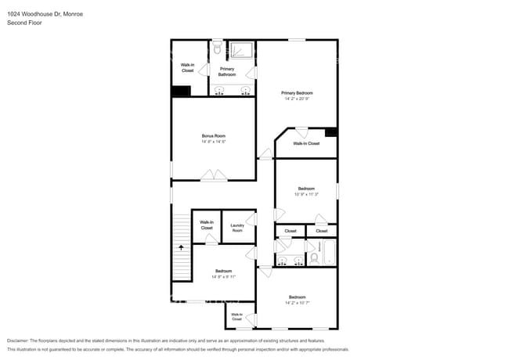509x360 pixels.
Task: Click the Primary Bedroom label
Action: coord(297,92)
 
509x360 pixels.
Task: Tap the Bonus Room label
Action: coord(213,136)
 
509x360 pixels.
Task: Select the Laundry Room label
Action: coord(236,228)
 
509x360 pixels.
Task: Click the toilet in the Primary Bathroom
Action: coord(217,49)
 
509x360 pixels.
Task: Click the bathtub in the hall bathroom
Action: coord(330,254)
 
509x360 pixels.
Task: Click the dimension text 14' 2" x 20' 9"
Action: coord(297,99)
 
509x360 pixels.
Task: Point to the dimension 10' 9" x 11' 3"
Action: coord(306,194)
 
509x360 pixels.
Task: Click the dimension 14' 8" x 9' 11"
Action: coord(223,277)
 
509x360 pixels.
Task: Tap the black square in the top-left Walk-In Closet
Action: coord(181,91)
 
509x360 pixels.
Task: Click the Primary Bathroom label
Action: coord(226,71)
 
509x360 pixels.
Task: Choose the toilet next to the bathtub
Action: coord(314,257)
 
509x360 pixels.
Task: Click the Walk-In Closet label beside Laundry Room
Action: coord(207,225)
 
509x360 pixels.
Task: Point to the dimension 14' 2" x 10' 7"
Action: coord(297,302)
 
